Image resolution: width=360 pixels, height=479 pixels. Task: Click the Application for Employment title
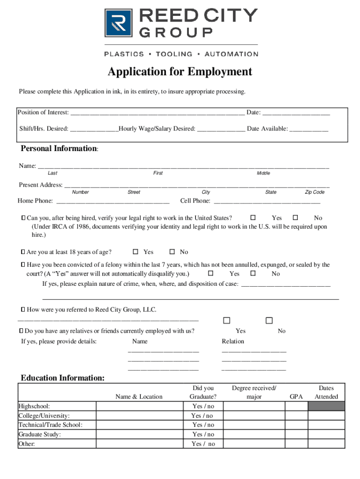[180, 72]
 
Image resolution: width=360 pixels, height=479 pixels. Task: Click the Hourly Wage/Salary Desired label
[157, 129]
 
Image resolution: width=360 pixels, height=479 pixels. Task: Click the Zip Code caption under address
[315, 192]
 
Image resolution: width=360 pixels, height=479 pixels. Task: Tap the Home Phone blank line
[112, 202]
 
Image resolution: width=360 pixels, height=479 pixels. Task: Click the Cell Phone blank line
[266, 202]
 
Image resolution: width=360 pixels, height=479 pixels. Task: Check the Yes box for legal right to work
[253, 218]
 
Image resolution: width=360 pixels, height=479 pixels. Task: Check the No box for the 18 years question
[172, 252]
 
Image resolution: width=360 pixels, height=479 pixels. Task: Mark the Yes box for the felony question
[210, 273]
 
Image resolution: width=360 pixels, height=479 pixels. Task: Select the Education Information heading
[63, 378]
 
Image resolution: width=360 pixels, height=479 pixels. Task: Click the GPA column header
[296, 397]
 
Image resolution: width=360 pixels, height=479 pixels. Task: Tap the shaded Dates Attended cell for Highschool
[326, 406]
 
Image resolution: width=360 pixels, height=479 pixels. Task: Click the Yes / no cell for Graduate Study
[203, 434]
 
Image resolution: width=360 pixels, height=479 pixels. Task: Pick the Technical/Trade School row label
[50, 425]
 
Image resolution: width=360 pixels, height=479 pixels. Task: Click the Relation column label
[233, 341]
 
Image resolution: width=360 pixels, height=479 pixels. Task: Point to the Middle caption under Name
[263, 173]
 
